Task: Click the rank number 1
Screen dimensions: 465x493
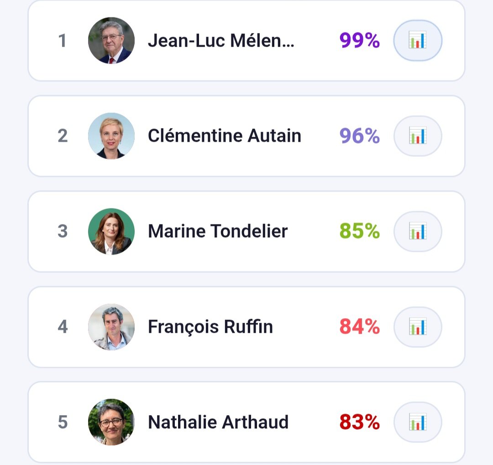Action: pyautogui.click(x=63, y=41)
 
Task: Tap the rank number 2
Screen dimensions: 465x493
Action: pyautogui.click(x=63, y=136)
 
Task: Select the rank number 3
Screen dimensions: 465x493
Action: pyautogui.click(x=63, y=231)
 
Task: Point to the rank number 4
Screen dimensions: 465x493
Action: pyautogui.click(x=63, y=327)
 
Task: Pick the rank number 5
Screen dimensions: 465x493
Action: pyautogui.click(x=63, y=422)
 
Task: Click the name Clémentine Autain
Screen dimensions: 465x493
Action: pyautogui.click(x=224, y=136)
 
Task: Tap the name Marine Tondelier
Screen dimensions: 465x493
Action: pyautogui.click(x=218, y=231)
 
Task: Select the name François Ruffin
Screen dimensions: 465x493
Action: pyautogui.click(x=210, y=327)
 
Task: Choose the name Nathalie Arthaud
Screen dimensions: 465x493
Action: pyautogui.click(x=218, y=422)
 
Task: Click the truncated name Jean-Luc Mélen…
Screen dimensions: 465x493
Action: pyautogui.click(x=221, y=41)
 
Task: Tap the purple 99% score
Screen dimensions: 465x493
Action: pyautogui.click(x=359, y=41)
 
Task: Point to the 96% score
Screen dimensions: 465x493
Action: pyautogui.click(x=359, y=136)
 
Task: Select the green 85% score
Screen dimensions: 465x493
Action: pyautogui.click(x=359, y=231)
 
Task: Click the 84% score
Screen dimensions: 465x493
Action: pyautogui.click(x=359, y=327)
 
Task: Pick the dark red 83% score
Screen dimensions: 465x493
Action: pyautogui.click(x=359, y=422)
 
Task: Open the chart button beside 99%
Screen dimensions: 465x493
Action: pyautogui.click(x=418, y=41)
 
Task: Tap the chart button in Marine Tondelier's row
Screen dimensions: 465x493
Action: pyautogui.click(x=418, y=231)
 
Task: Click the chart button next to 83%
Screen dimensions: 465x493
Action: pyautogui.click(x=418, y=422)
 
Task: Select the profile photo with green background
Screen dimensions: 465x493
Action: pyautogui.click(x=111, y=231)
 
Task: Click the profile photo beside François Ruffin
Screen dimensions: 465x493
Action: pyautogui.click(x=111, y=327)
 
